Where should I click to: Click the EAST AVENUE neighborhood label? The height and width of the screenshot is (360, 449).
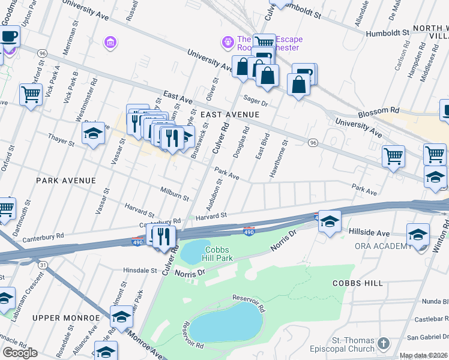pyautogui.click(x=230, y=114)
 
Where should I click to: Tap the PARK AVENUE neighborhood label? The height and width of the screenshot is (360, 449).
pyautogui.click(x=66, y=180)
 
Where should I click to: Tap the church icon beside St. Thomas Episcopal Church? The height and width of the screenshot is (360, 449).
pyautogui.click(x=384, y=344)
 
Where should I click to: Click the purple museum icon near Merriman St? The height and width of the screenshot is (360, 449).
pyautogui.click(x=110, y=42)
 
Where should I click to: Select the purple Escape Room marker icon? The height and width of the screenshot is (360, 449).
pyautogui.click(x=228, y=42)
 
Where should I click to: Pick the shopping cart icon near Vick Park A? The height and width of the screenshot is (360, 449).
pyautogui.click(x=31, y=94)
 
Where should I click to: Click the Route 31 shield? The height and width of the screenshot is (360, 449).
pyautogui.click(x=42, y=265)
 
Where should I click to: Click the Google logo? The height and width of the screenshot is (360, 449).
pyautogui.click(x=20, y=353)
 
